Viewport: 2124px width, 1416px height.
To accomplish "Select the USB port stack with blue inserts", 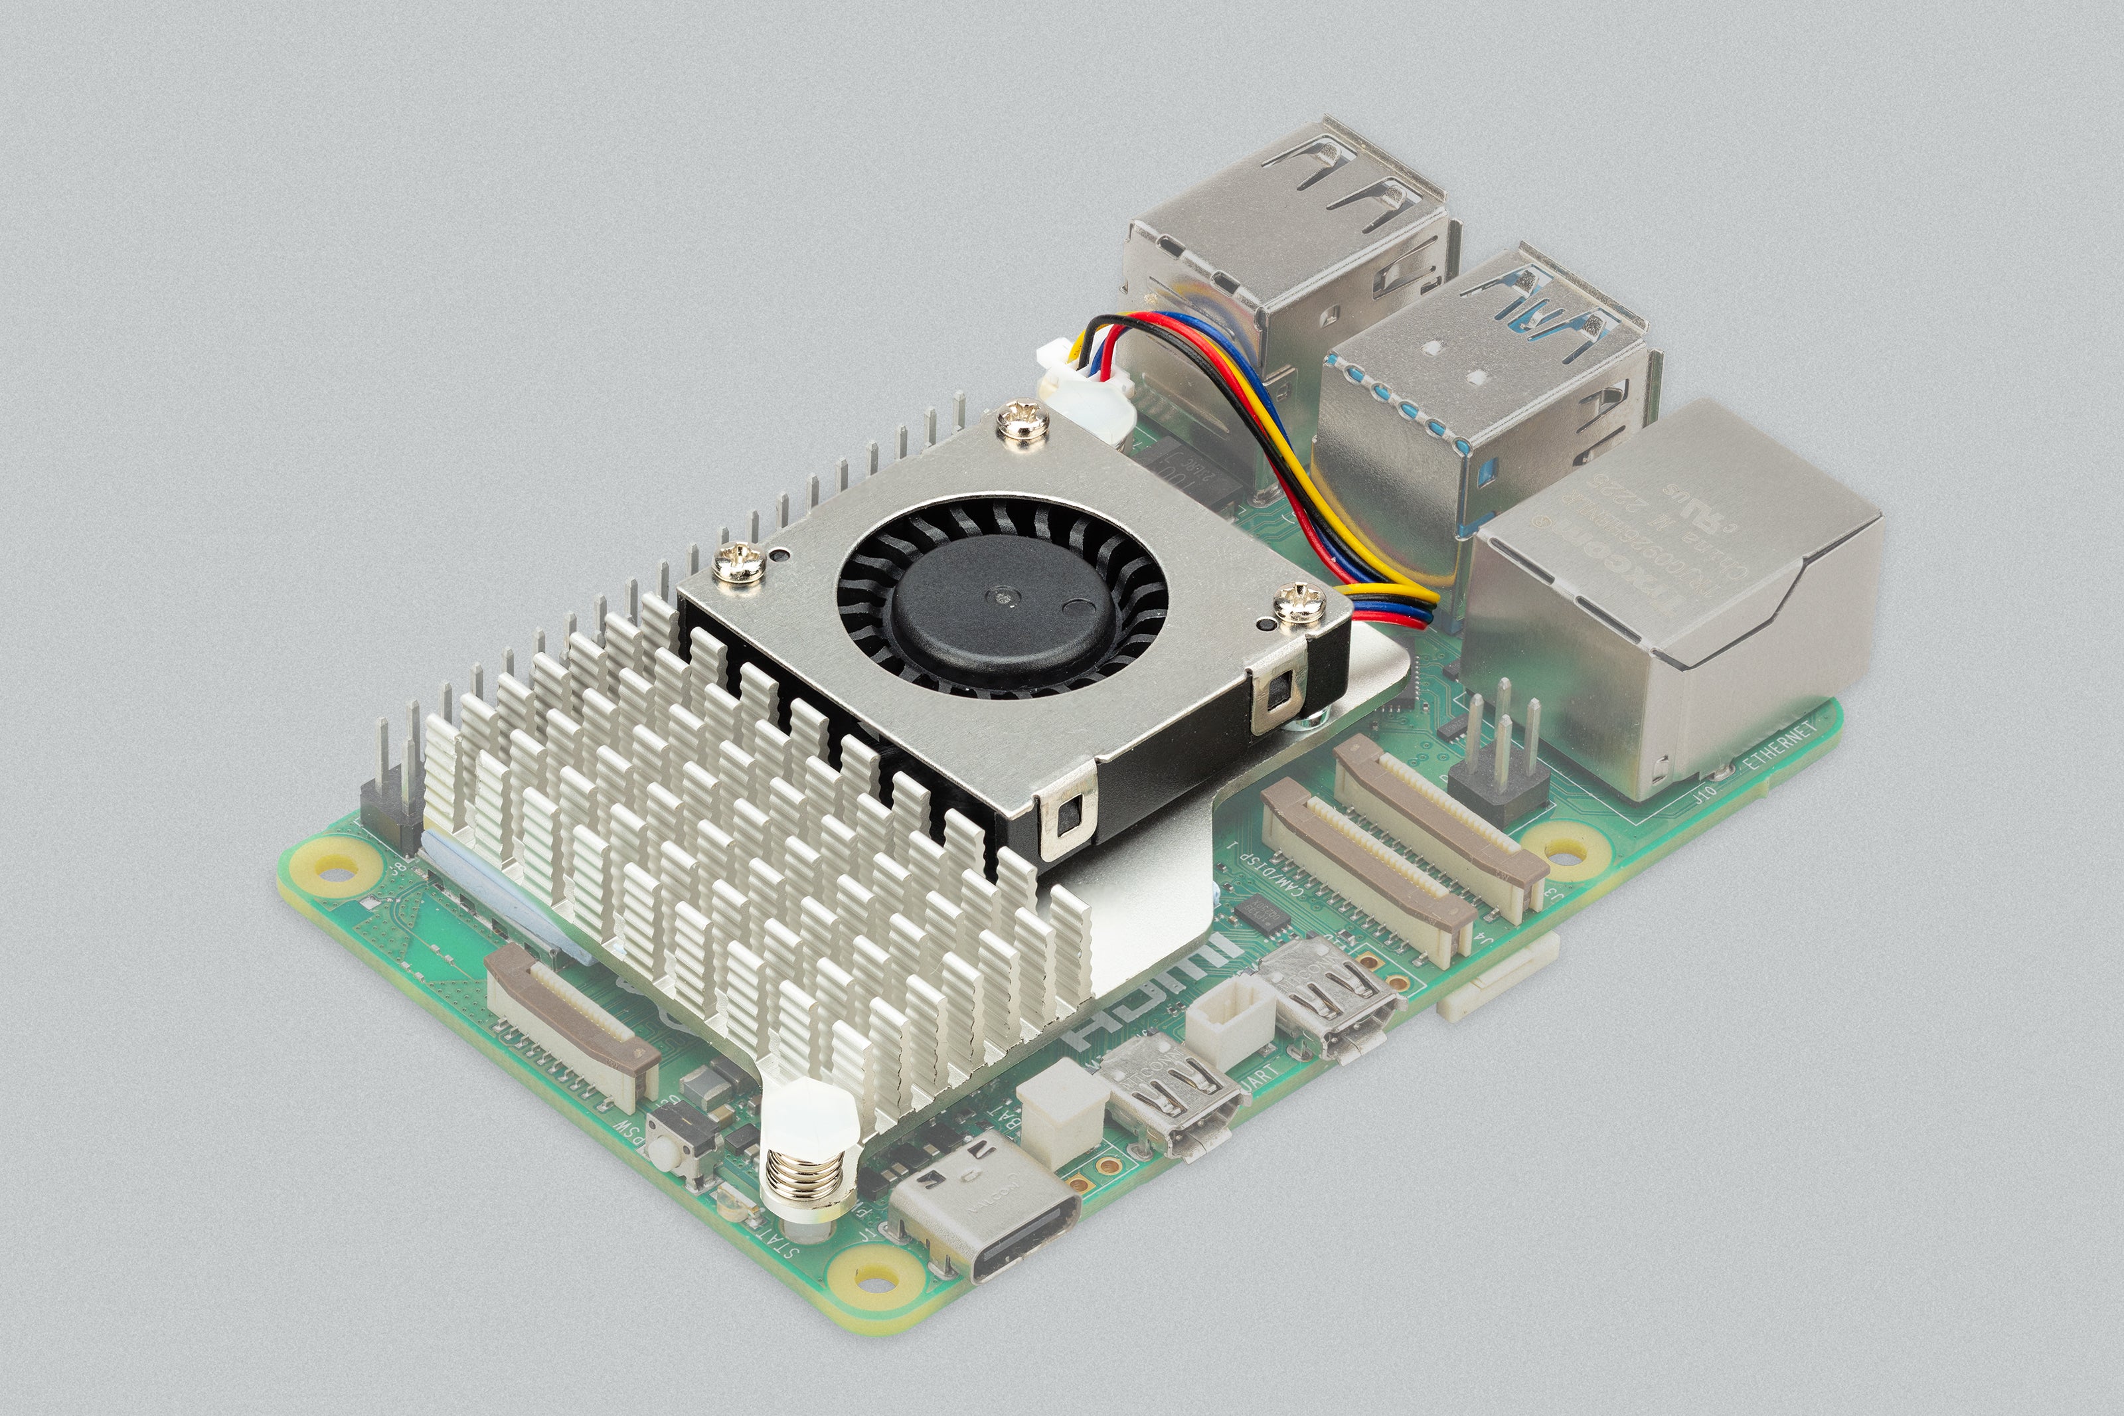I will tap(1490, 398).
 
